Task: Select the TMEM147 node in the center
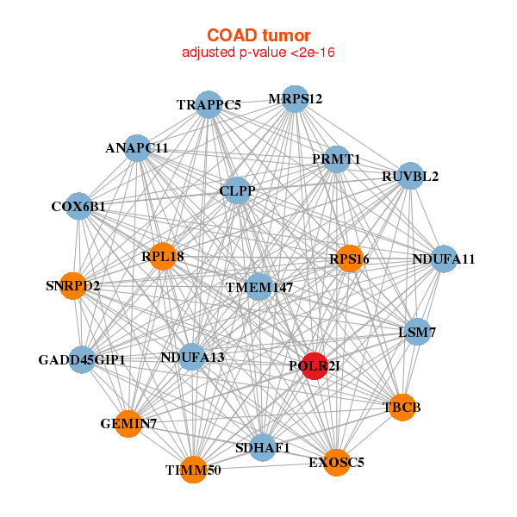coord(259,287)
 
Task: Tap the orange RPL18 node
coord(163,256)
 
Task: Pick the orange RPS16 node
coord(349,258)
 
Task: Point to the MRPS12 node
coord(295,98)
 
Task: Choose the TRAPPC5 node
coord(209,105)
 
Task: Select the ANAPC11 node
coord(137,147)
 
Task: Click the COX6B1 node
coord(78,207)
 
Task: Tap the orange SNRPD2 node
coord(73,285)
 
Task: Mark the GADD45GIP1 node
coord(82,359)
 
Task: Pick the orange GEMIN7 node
coord(128,424)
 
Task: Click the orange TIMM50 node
coord(194,470)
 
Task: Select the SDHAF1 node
coord(263,448)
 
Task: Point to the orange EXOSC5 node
coord(337,463)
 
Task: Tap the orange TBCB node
coord(402,407)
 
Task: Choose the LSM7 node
coord(417,332)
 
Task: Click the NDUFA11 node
coord(443,258)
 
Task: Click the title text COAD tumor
coord(258,35)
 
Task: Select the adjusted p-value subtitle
coord(258,53)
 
